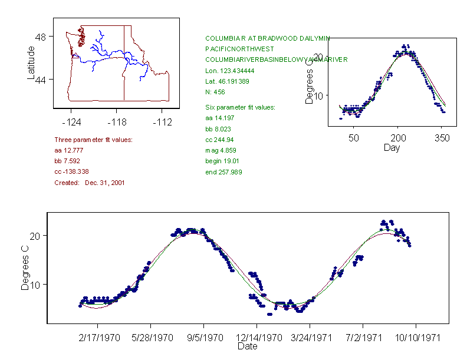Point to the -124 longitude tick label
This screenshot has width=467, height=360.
(71, 122)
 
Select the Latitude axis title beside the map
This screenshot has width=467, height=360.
(31, 63)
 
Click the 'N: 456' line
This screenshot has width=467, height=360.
(215, 92)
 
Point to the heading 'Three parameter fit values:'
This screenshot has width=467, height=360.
(93, 140)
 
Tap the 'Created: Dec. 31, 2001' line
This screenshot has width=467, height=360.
(89, 183)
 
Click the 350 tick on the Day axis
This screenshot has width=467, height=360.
(442, 138)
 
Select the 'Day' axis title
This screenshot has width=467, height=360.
(392, 148)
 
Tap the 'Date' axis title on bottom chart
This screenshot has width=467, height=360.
(248, 347)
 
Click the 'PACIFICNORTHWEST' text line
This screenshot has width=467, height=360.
(234, 49)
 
